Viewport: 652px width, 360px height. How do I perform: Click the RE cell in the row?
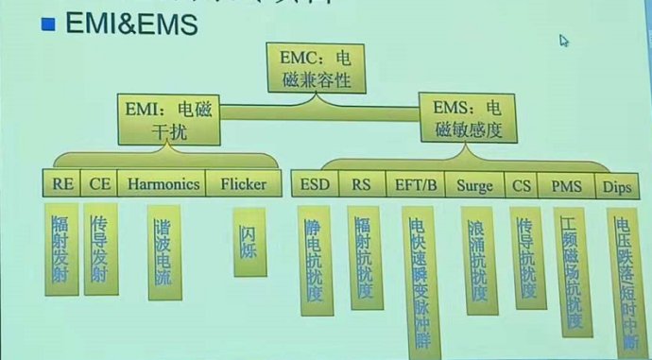63,183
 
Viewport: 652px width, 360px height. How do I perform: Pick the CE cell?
100,183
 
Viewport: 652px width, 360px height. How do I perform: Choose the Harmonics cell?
163,183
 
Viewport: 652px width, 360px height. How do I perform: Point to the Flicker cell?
245,183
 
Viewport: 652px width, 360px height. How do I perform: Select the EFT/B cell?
415,183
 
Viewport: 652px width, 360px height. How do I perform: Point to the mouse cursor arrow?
563,41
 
